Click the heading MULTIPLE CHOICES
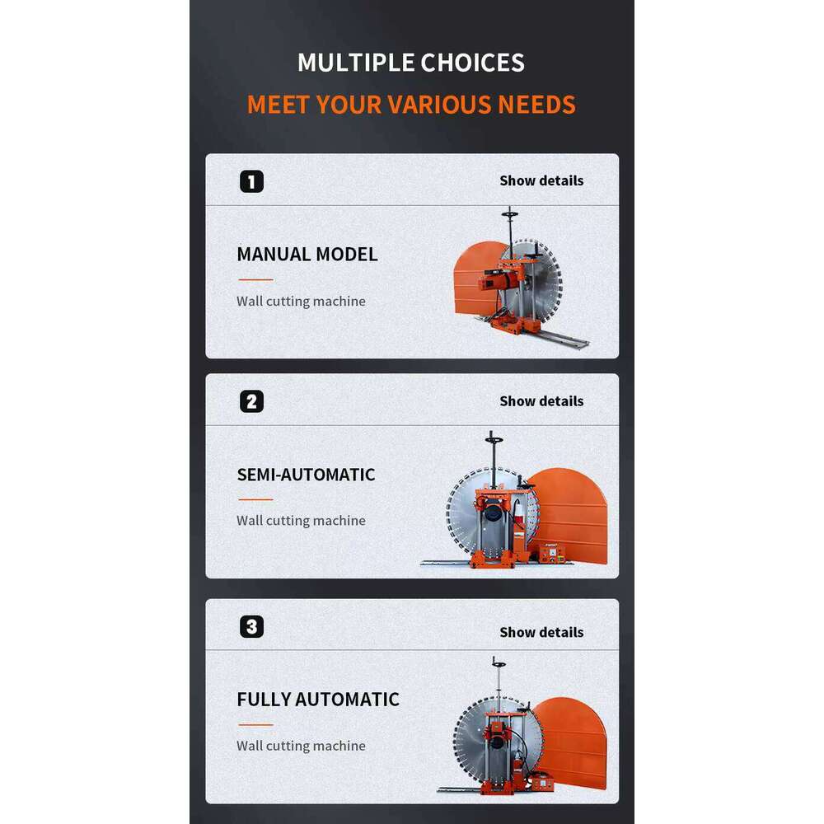411,63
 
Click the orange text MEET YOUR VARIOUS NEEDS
411,104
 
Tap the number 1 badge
251,182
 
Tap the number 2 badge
251,401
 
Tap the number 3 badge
251,626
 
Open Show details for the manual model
541,180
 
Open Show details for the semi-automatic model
541,401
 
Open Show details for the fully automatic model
541,632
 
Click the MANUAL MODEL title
307,255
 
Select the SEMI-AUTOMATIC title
306,475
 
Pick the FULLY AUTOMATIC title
318,700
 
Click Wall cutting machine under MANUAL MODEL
301,301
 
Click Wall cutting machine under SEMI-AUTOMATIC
301,520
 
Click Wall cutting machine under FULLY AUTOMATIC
301,746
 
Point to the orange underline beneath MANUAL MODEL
256,279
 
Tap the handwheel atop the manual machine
510,213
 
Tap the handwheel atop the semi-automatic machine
494,439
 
